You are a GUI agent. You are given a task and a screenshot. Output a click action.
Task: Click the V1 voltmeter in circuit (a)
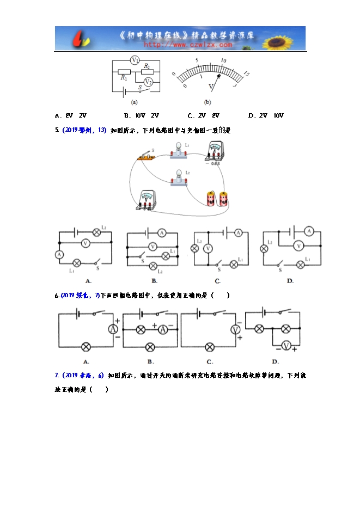pos(135,60)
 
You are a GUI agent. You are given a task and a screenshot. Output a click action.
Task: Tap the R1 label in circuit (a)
pos(124,78)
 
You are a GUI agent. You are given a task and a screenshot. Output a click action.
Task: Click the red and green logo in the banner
pos(82,39)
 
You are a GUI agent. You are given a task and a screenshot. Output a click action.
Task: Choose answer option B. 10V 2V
pos(141,115)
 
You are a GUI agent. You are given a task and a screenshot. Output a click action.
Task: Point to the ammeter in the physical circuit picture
pos(213,152)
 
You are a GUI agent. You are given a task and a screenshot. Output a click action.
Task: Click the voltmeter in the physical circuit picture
pos(147,200)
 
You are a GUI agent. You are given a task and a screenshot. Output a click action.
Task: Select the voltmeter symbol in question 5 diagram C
pos(208,249)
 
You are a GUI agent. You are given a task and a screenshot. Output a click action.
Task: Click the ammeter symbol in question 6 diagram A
pos(113,329)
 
